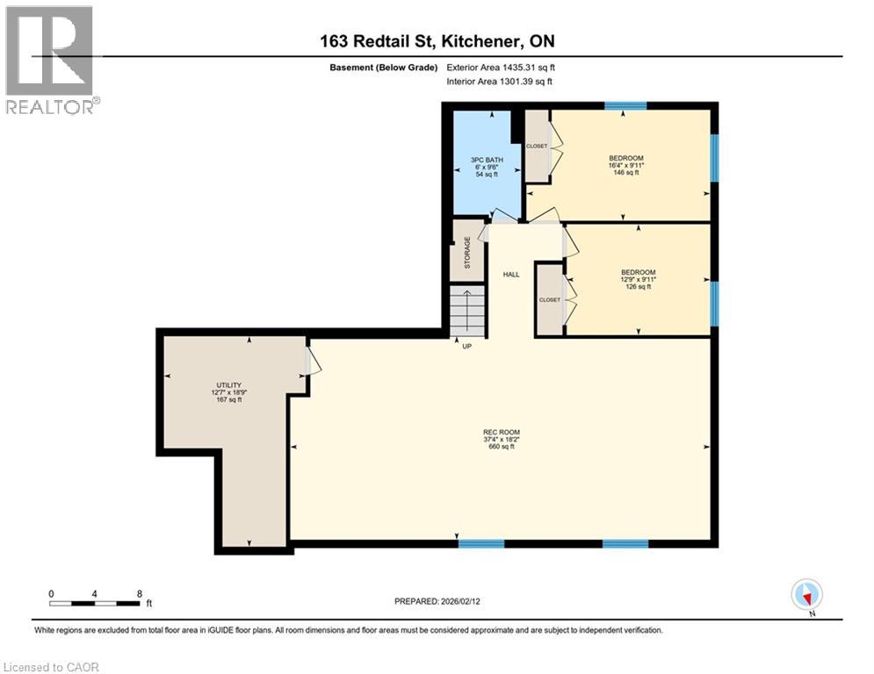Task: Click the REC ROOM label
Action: (502, 432)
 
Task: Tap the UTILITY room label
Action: (228, 385)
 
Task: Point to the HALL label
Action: (511, 275)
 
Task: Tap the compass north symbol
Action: (805, 594)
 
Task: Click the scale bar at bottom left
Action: (96, 603)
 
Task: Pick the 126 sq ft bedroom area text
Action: (638, 286)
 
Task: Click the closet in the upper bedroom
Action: (537, 146)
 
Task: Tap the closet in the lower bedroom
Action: (550, 299)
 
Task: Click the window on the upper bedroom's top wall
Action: (625, 105)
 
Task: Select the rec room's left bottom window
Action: (481, 543)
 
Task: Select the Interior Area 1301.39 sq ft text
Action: (499, 82)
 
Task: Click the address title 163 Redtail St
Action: (437, 40)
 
